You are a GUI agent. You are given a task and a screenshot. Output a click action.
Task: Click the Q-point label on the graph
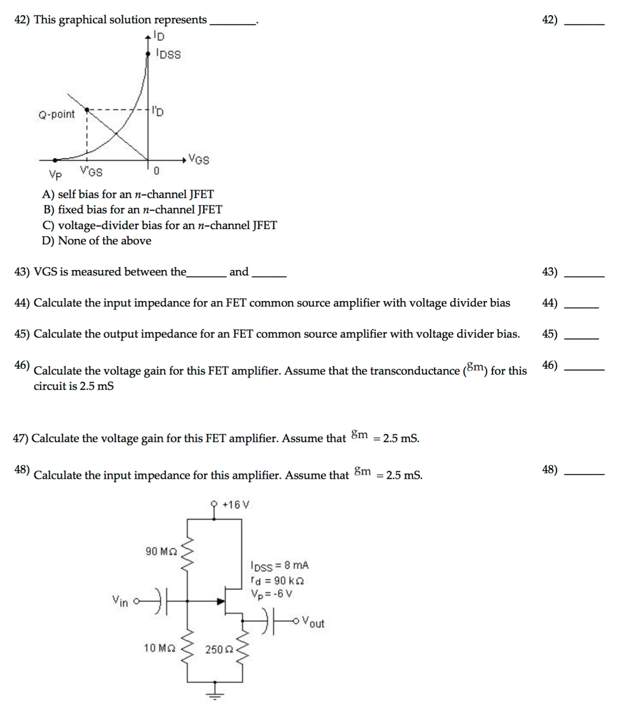[56, 115]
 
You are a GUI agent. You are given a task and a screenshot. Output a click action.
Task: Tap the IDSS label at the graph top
[168, 55]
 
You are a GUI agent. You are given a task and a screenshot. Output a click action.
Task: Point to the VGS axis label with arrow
[198, 159]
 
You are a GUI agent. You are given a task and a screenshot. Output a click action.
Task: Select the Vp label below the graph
[56, 176]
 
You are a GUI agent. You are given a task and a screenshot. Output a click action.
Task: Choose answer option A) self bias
[128, 194]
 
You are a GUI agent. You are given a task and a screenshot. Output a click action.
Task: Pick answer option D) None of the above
[97, 240]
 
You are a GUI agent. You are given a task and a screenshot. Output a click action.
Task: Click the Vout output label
[313, 622]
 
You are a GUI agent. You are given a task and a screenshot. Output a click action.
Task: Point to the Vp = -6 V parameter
[272, 593]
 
